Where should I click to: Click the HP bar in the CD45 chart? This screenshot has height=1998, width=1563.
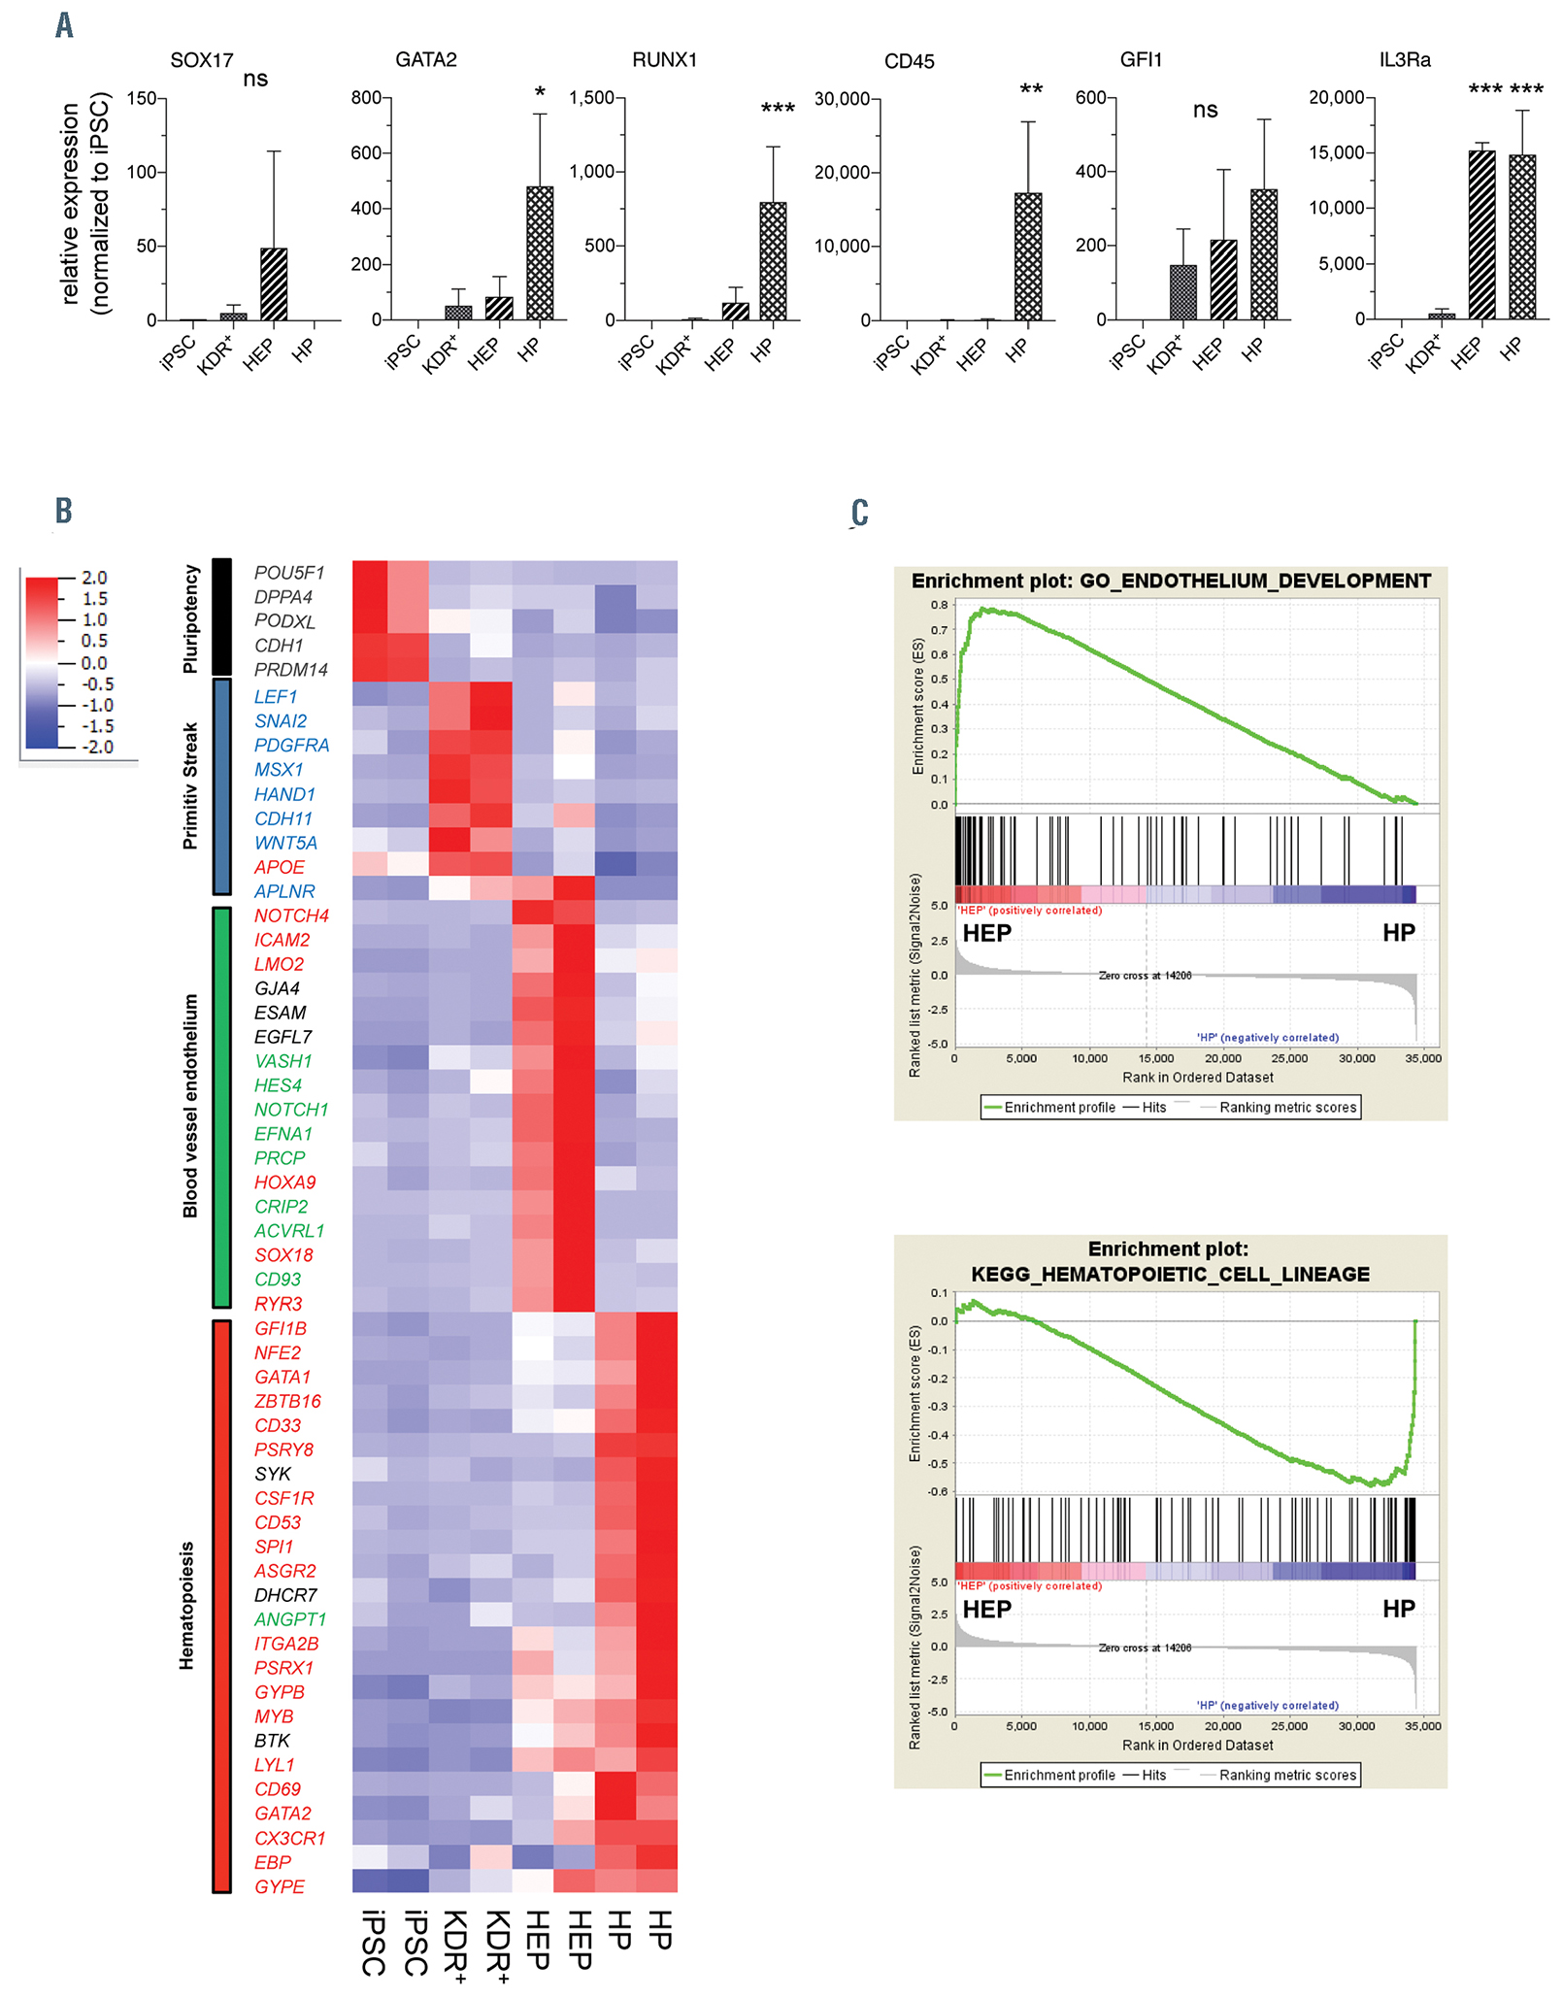tap(1028, 257)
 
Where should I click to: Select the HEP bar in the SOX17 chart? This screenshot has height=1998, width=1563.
tap(275, 284)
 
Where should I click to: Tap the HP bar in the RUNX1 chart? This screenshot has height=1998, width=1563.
tap(773, 261)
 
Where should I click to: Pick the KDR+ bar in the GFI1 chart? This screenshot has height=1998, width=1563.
tap(1182, 292)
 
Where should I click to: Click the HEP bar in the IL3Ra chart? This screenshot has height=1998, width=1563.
tap(1481, 235)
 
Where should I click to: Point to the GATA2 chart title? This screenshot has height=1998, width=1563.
tap(425, 60)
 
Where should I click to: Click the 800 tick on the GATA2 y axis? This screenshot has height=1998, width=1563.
tap(367, 98)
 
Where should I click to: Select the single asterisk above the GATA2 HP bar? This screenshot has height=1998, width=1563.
tap(540, 93)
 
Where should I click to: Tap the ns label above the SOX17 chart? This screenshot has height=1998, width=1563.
tap(255, 79)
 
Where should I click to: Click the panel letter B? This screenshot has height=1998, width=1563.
tap(63, 511)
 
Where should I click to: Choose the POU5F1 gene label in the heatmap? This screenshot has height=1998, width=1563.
tap(288, 573)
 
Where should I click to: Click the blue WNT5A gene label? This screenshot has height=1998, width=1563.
tap(285, 843)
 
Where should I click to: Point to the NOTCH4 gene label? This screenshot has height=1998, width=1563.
tap(291, 916)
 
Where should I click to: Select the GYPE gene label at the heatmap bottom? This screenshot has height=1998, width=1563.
tap(280, 1886)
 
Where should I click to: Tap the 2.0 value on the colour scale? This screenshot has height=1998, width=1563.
tap(94, 578)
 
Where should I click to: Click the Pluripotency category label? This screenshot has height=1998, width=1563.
tap(190, 618)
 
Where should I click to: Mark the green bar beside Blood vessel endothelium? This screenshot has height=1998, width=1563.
tap(221, 1107)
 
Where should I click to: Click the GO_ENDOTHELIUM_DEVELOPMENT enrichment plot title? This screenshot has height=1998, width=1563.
tap(1171, 581)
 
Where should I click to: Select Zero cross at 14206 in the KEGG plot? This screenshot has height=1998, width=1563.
tap(1145, 1648)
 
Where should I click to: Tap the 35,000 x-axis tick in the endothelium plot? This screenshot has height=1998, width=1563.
tap(1422, 1058)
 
